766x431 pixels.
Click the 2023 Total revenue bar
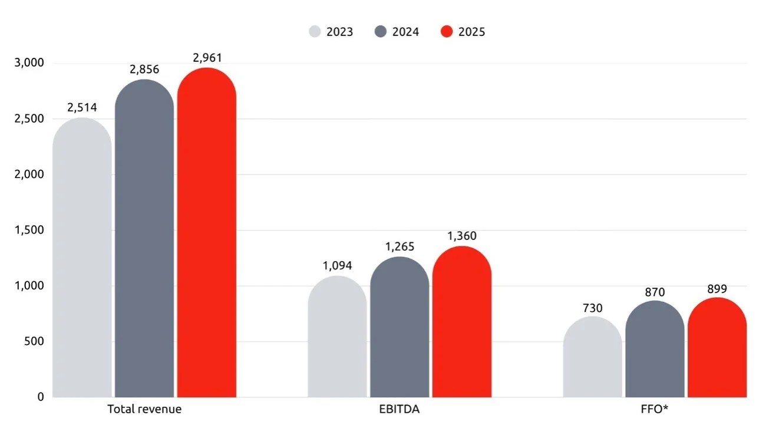(x=82, y=259)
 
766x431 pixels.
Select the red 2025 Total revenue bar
(x=207, y=236)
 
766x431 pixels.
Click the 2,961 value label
(x=207, y=58)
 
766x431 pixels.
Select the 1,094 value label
(x=337, y=265)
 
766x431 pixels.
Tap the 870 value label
(x=655, y=292)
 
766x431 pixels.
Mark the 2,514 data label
(x=82, y=107)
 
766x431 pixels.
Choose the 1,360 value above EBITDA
(x=462, y=236)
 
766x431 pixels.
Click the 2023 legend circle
(x=315, y=32)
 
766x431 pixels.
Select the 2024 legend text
(x=405, y=32)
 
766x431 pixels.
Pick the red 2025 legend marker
(x=447, y=32)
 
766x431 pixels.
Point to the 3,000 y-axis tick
(x=29, y=63)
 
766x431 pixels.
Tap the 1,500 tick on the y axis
(x=29, y=230)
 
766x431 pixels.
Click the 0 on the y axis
(x=40, y=397)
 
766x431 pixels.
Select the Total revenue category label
(x=144, y=409)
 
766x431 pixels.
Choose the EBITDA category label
(x=399, y=409)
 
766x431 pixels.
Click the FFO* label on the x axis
(x=655, y=409)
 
